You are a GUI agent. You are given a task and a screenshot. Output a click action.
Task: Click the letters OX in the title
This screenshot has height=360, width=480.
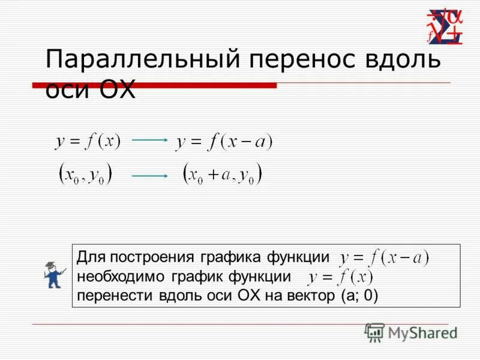click(x=114, y=91)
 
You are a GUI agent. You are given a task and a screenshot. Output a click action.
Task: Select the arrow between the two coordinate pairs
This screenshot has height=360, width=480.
click(x=150, y=176)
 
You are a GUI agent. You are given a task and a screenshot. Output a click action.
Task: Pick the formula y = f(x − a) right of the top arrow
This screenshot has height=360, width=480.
click(x=224, y=142)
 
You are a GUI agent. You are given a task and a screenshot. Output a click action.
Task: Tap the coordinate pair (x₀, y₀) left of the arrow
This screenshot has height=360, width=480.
click(x=86, y=175)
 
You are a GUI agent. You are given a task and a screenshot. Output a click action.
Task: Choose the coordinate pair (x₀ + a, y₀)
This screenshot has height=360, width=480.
click(x=223, y=175)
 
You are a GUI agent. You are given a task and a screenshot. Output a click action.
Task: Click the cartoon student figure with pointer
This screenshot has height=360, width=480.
click(x=53, y=275)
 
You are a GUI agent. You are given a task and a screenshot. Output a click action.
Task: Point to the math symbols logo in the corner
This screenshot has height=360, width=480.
click(x=446, y=27)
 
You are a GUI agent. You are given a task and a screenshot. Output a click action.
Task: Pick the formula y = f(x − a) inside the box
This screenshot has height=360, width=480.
click(x=384, y=259)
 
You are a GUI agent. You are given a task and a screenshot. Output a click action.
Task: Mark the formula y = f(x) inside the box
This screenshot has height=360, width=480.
click(x=340, y=278)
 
